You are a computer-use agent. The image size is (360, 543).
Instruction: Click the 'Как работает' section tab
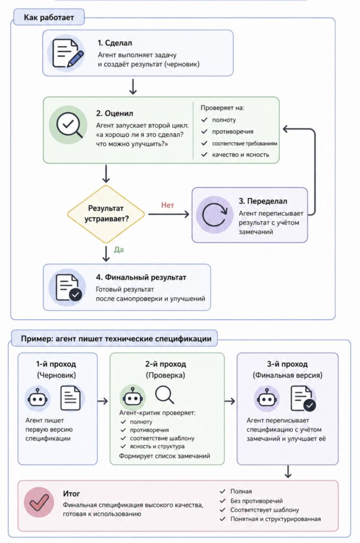(x=49, y=17)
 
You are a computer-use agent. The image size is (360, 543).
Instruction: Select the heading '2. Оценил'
(x=115, y=113)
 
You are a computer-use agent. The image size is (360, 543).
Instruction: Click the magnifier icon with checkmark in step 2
(x=68, y=125)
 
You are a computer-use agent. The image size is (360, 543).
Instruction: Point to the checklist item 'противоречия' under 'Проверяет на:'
(x=233, y=132)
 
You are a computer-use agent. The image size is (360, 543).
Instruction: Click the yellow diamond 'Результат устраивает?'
(x=106, y=214)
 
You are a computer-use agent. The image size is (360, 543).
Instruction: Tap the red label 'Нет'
(x=168, y=205)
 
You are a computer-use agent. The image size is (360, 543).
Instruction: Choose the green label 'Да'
(x=119, y=250)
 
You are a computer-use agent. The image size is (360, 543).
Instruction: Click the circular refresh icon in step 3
(x=214, y=215)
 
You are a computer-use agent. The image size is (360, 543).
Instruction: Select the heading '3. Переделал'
(x=263, y=201)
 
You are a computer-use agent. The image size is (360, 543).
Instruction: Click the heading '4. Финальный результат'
(x=141, y=277)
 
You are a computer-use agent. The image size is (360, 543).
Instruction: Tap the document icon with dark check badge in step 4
(x=68, y=287)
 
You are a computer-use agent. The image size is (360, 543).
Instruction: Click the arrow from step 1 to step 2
(x=133, y=86)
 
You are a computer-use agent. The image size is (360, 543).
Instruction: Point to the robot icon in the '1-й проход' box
(x=38, y=398)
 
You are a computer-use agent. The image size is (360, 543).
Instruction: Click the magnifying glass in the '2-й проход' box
(x=164, y=395)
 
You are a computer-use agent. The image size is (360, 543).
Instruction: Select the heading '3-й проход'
(x=287, y=364)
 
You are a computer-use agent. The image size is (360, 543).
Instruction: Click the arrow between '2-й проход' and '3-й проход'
(x=230, y=401)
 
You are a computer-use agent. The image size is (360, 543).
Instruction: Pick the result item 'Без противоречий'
(x=257, y=501)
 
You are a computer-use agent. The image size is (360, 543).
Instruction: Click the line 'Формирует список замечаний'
(x=164, y=456)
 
